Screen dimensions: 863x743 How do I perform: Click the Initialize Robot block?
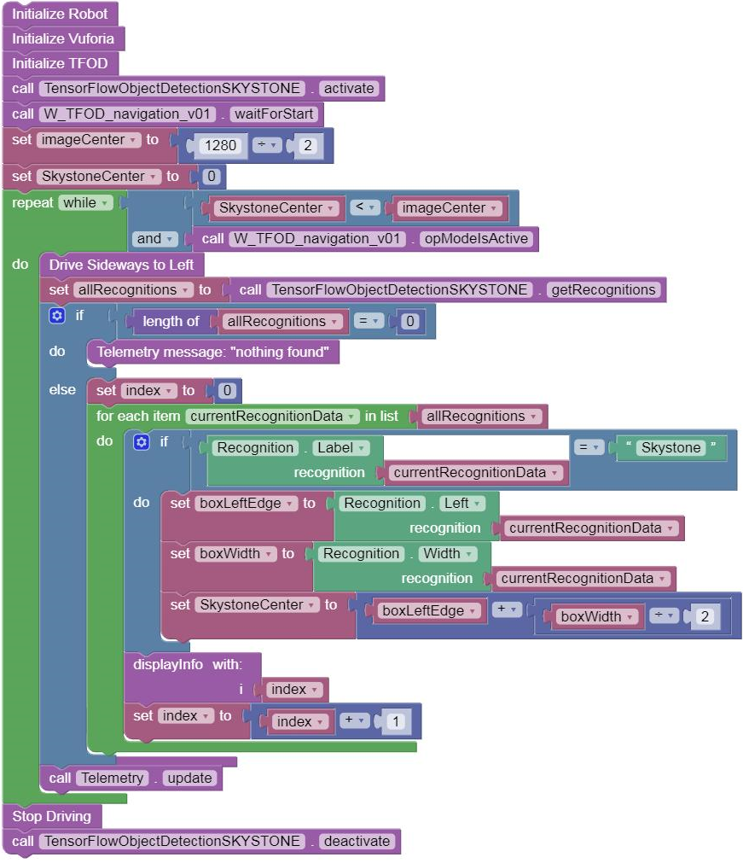[60, 14]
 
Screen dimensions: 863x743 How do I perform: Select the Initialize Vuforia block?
[64, 38]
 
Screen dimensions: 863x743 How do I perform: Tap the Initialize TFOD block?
[61, 63]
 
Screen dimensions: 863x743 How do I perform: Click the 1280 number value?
[221, 145]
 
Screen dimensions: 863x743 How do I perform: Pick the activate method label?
[348, 88]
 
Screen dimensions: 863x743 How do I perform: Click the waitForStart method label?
[274, 114]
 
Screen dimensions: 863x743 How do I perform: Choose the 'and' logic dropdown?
[154, 239]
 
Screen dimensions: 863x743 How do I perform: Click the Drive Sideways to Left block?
[121, 265]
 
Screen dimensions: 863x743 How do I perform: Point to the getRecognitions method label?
[603, 289]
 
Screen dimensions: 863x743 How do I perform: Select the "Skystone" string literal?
[670, 447]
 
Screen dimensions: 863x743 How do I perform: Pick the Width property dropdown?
[446, 553]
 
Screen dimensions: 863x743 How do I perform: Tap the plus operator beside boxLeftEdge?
[502, 610]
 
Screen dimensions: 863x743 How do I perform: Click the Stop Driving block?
[51, 816]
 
